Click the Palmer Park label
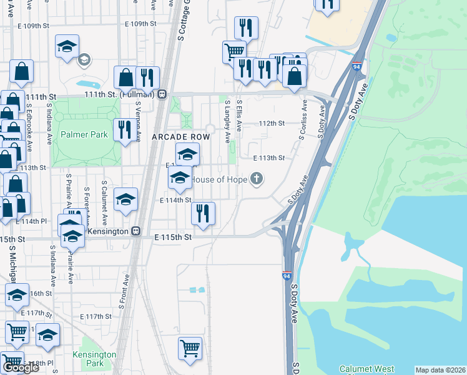coord(84,134)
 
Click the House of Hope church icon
coord(255,180)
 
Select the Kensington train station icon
coord(135,231)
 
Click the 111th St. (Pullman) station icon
coord(162,94)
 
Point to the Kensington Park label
coord(99,359)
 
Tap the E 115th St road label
coord(171,237)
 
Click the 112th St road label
coord(272,123)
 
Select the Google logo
coord(21,367)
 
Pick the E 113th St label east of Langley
coord(268,158)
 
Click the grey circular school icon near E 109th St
coord(83,60)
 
